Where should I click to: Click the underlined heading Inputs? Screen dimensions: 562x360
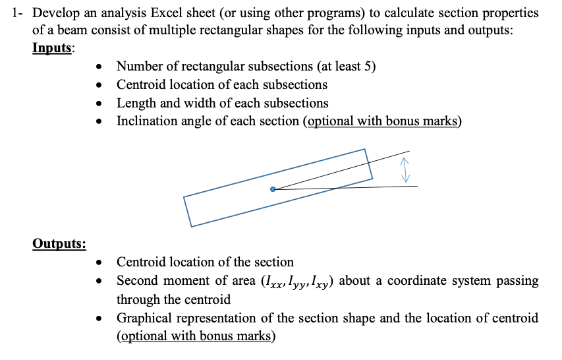(53, 49)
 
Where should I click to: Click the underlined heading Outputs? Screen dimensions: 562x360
(59, 244)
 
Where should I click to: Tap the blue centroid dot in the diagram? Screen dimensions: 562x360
(273, 189)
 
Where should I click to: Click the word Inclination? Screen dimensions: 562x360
(145, 121)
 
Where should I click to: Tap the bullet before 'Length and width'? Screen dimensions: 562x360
(99, 104)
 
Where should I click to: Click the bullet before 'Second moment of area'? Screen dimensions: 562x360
(99, 281)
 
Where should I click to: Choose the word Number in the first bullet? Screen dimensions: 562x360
(138, 67)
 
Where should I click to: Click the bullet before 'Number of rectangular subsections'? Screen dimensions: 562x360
(99, 67)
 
